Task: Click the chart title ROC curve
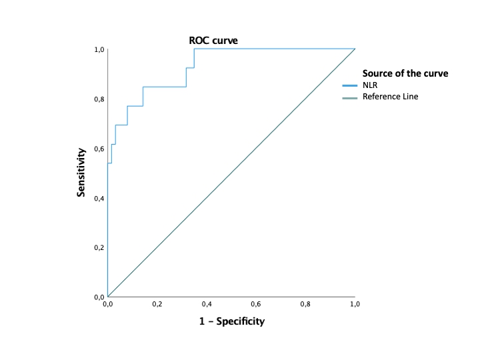click(213, 41)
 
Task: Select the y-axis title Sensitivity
click(81, 172)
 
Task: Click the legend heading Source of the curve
click(405, 73)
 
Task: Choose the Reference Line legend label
click(390, 97)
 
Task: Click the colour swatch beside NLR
click(350, 86)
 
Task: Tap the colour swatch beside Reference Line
click(350, 98)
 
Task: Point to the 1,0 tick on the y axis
click(99, 49)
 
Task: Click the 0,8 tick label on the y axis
click(99, 99)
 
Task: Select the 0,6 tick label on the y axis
click(99, 149)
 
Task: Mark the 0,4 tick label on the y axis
click(99, 198)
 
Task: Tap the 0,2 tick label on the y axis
click(99, 247)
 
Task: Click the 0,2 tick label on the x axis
click(157, 304)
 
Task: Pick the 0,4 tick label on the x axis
click(207, 304)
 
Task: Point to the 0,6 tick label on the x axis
click(256, 304)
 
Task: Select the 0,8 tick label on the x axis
click(305, 304)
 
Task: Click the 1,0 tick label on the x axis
click(355, 304)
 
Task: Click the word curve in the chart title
click(225, 41)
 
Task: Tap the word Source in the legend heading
click(378, 73)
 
